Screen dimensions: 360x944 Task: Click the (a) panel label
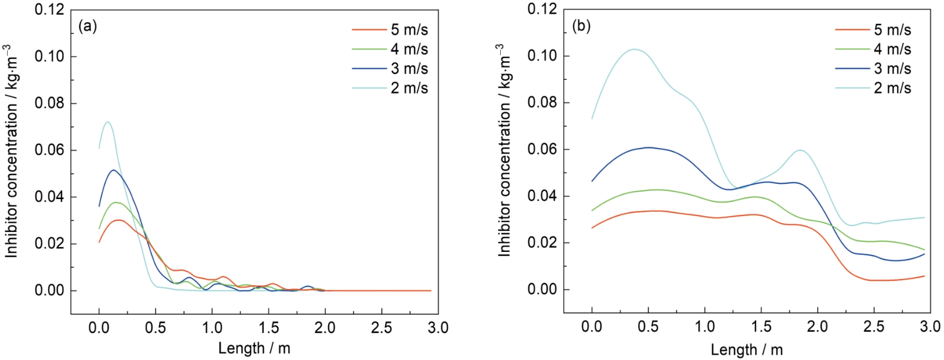(x=87, y=26)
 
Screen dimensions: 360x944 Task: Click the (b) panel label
(x=581, y=26)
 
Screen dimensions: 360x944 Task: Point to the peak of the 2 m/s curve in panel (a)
(x=107, y=122)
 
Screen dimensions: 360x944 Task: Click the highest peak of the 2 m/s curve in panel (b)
(x=635, y=49)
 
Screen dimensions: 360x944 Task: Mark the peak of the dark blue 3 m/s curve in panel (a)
(x=113, y=170)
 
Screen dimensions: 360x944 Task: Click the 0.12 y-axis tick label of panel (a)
(x=50, y=10)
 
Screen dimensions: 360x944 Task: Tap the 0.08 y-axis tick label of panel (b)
(x=544, y=103)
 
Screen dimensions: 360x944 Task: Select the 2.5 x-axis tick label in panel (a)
(x=381, y=327)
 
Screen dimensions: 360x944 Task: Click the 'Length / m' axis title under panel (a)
(x=254, y=348)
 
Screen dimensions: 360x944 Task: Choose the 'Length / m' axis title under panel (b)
(x=747, y=350)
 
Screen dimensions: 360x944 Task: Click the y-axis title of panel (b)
(x=504, y=150)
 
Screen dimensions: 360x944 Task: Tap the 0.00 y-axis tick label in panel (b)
(x=544, y=290)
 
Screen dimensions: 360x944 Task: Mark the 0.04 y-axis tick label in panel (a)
(x=50, y=197)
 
